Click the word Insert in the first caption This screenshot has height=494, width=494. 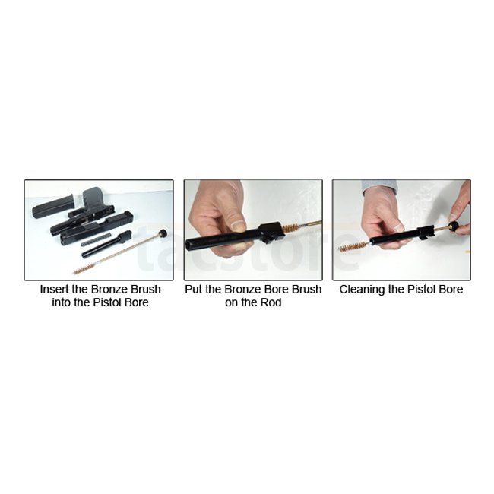[52, 290]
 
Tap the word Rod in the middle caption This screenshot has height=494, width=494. [271, 302]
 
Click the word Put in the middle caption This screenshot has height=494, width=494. [194, 290]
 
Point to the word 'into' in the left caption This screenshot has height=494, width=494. [62, 302]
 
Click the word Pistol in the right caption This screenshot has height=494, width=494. [423, 290]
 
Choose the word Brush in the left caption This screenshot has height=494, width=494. [147, 290]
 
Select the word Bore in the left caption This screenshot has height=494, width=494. [137, 302]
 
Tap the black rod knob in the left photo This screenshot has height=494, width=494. [163, 234]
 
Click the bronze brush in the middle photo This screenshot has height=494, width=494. [290, 226]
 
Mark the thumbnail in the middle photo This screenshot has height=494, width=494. [239, 224]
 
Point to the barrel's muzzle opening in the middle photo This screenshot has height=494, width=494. [191, 245]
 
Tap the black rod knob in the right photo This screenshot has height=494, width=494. [454, 226]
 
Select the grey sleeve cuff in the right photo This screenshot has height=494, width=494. [379, 187]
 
